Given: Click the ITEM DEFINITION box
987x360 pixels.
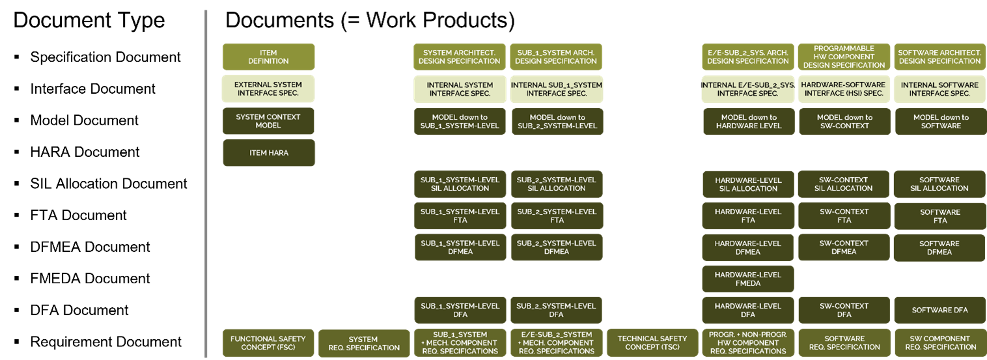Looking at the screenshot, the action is pos(268,57).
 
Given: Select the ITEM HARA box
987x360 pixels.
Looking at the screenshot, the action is pos(269,153).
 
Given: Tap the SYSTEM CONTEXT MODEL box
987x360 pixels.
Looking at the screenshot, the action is pos(268,121).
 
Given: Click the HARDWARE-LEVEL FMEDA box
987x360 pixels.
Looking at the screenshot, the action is pos(748,279).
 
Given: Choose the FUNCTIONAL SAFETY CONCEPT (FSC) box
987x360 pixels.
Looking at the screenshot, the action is pos(268,343).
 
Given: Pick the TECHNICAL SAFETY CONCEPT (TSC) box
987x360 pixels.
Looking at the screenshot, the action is pos(652,343).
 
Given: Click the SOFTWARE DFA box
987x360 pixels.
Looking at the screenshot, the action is pos(940,311).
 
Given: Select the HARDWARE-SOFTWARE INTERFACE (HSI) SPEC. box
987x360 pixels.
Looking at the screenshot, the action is pos(843,89).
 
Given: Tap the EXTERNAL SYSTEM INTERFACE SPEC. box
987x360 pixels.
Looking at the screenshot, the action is pos(268,89).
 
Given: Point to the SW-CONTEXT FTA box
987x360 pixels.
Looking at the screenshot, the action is pos(844,216).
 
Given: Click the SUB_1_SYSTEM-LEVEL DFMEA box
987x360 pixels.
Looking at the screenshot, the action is pos(460,247).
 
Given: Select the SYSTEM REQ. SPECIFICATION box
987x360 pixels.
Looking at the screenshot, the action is pos(364,343).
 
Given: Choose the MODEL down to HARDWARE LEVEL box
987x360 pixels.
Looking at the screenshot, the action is pos(749,122).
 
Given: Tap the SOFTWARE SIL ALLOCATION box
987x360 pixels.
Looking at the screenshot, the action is pos(939,184).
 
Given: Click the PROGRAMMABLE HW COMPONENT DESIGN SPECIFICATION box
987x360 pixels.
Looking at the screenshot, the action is pos(844,57).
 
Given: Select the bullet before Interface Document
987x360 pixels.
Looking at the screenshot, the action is pos(17,89).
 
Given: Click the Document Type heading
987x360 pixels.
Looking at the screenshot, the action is pos(89,20).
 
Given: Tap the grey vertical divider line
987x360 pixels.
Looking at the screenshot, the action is pos(206,184).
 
